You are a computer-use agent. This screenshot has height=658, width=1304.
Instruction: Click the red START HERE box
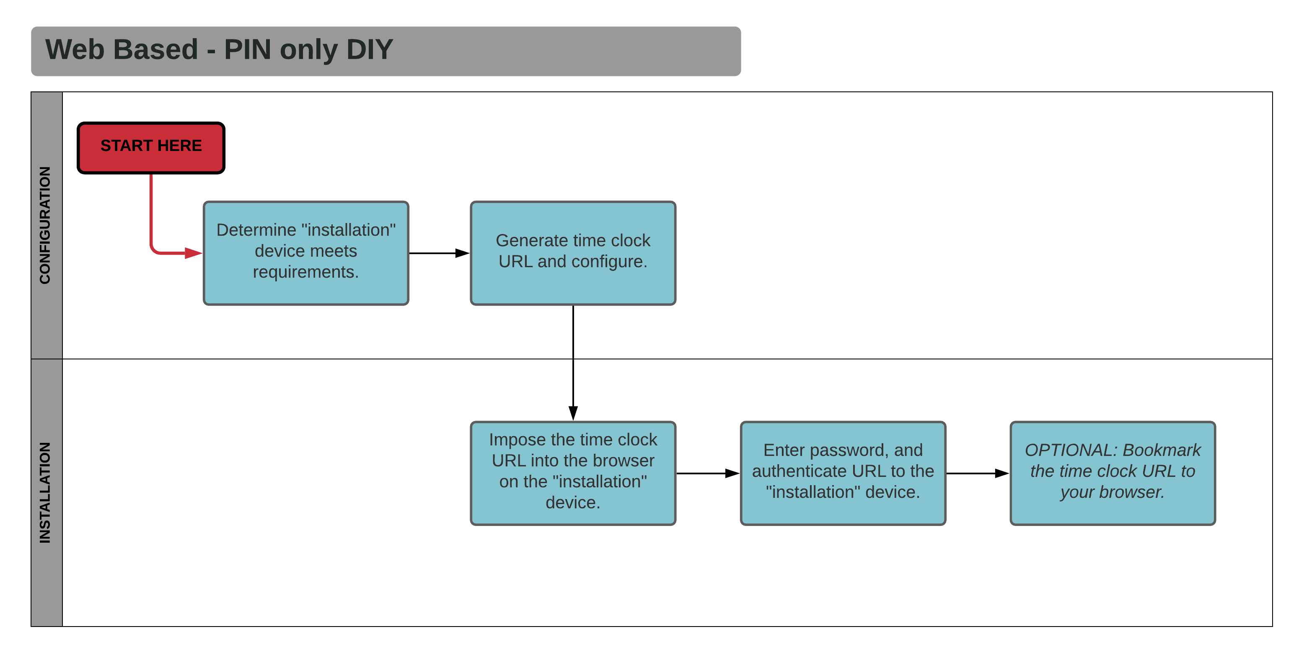[x=151, y=147]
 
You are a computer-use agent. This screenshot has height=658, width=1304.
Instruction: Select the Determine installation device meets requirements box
[x=306, y=253]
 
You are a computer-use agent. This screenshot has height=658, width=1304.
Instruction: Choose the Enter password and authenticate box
[x=842, y=473]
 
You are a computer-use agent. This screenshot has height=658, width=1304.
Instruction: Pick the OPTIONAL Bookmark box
[x=1112, y=473]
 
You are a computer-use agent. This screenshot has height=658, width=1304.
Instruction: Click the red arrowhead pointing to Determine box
[x=193, y=253]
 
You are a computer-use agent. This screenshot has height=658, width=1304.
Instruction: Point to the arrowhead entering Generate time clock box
[x=462, y=253]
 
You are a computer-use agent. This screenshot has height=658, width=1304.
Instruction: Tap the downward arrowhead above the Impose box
[x=573, y=412]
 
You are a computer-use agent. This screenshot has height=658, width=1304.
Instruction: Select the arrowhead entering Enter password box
[x=732, y=473]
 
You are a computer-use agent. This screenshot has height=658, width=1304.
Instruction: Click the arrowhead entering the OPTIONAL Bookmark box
[x=1002, y=473]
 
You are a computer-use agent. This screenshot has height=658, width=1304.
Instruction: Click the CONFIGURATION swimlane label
[x=46, y=225]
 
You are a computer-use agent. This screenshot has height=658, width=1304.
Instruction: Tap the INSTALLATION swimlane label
[x=46, y=492]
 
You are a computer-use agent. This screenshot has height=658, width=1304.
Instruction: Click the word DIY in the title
[x=370, y=49]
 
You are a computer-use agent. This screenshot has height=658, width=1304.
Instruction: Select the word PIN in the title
[x=248, y=49]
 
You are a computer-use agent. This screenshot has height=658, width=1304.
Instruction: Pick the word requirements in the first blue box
[x=306, y=272]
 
